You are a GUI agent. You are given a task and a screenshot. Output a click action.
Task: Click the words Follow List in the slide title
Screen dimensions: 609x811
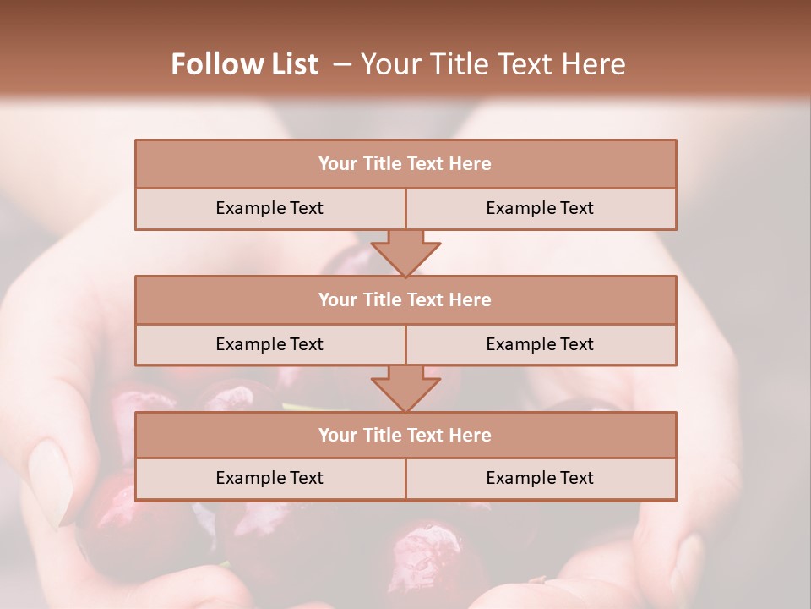244,64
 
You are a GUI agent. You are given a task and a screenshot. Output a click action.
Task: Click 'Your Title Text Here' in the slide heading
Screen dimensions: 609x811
493,64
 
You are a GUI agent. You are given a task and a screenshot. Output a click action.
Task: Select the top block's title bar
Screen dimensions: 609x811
405,164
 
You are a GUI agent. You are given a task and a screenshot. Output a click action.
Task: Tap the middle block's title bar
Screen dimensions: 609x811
405,300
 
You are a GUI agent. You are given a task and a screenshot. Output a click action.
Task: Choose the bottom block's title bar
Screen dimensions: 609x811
405,436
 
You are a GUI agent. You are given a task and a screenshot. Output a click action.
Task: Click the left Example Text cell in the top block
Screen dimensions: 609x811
269,209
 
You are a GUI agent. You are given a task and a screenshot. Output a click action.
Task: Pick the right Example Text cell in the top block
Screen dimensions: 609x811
540,209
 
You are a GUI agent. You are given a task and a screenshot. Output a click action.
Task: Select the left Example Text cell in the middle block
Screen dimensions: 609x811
269,345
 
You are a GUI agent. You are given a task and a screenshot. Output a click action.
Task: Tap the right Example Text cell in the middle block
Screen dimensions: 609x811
540,345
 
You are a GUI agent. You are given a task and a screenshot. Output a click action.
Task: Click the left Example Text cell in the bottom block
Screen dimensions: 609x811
269,479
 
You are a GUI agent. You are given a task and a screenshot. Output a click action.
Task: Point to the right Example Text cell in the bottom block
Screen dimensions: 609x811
540,479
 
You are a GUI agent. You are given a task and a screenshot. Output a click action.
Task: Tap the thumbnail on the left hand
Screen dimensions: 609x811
50,481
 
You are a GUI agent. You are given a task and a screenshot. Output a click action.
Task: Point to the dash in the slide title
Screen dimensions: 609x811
342,65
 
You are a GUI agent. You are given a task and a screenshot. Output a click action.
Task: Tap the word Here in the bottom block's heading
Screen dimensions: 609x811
471,436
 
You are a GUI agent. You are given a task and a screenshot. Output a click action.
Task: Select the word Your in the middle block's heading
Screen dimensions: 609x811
338,300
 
